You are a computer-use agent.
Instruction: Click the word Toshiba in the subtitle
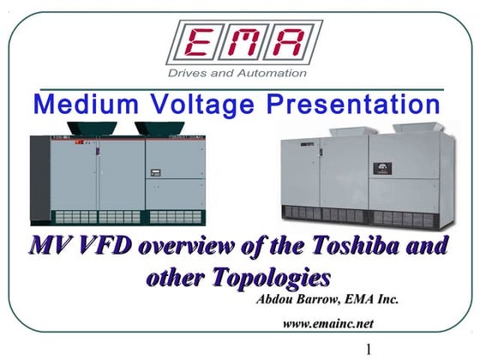pyautogui.click(x=383, y=247)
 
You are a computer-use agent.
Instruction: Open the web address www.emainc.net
pyautogui.click(x=328, y=323)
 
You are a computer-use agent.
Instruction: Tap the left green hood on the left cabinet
pyautogui.click(x=93, y=129)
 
